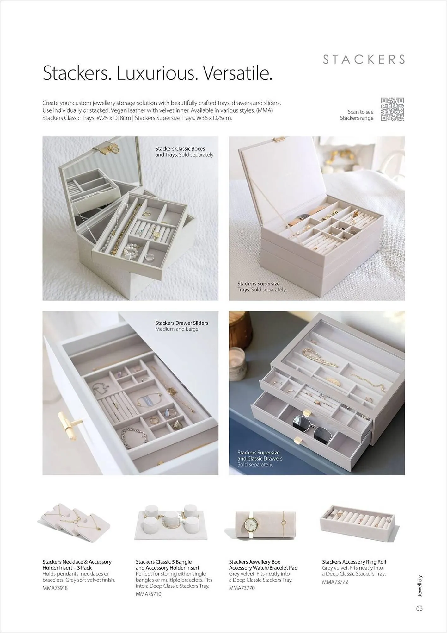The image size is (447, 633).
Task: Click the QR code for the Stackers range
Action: tap(392, 109)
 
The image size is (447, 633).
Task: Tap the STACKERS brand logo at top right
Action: tap(364, 60)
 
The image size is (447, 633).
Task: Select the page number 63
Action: tap(419, 608)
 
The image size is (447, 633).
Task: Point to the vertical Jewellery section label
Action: tap(419, 586)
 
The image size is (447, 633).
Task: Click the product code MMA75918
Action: tap(55, 588)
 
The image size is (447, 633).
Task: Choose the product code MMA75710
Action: tap(148, 594)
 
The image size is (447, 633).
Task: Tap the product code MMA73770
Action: tap(242, 588)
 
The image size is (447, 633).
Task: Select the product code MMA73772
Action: tap(335, 582)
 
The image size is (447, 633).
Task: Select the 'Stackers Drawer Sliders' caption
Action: tap(181, 323)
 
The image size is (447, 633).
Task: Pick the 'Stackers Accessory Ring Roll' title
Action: tap(354, 562)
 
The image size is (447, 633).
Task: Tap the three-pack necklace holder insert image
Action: tap(75, 523)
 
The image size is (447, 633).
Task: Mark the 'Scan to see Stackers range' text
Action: tap(357, 115)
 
